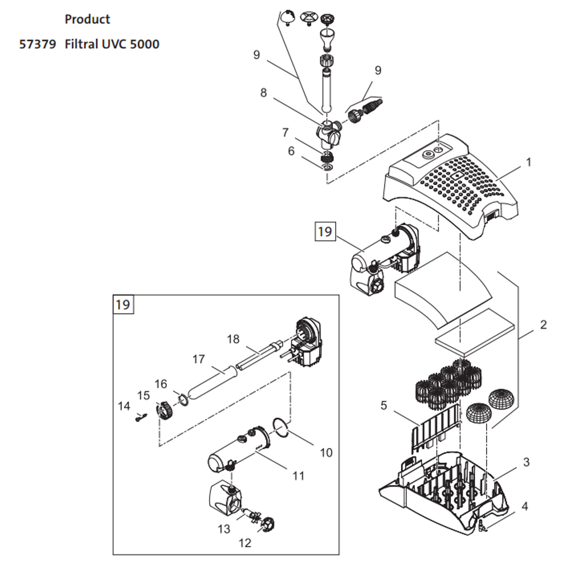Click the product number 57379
click(38, 44)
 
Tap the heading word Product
click(87, 19)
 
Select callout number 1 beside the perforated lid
click(529, 162)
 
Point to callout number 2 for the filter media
click(543, 324)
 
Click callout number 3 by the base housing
click(526, 461)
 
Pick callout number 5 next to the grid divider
click(384, 406)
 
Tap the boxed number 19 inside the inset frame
click(123, 304)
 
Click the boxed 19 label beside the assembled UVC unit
click(325, 231)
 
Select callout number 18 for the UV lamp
click(233, 339)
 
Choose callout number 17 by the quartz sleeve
click(199, 359)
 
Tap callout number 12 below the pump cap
click(245, 543)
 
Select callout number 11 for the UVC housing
click(298, 476)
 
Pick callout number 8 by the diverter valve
click(263, 93)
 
